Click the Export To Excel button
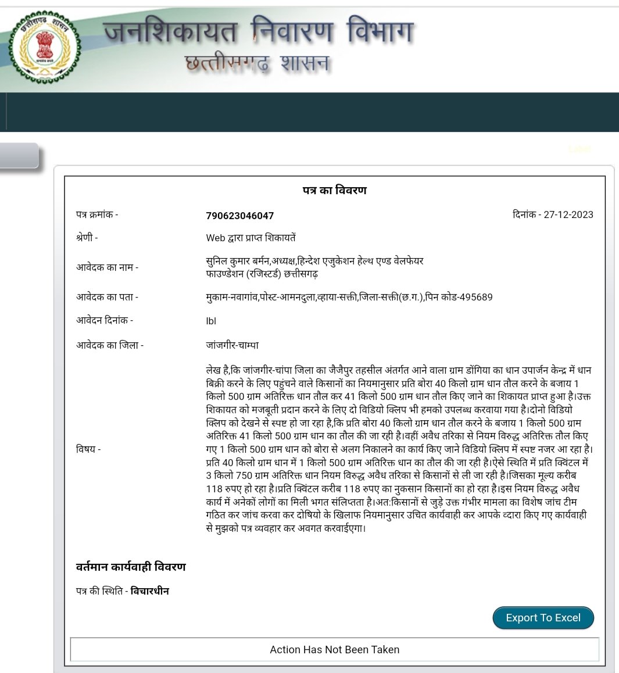[543, 618]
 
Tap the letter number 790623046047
[239, 216]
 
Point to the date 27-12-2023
[568, 214]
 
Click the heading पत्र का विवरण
[334, 190]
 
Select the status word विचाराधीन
[150, 591]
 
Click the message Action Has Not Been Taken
[334, 650]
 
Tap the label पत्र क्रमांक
[96, 214]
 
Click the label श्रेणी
[87, 238]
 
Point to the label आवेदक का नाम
[107, 267]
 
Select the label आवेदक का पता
[107, 297]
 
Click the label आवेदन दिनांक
[104, 320]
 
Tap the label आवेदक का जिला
[109, 345]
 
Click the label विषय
[88, 449]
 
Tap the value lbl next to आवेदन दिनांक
[211, 321]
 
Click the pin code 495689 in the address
[475, 297]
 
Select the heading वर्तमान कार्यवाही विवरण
[131, 567]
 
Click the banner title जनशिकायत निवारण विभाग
[258, 31]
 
